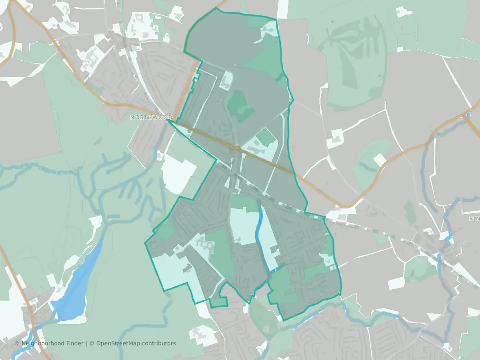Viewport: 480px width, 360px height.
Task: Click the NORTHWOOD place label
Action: (x=151, y=117)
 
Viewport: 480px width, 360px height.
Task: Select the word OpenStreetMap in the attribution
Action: (x=119, y=343)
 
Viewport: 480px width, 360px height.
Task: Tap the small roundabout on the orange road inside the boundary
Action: (x=239, y=149)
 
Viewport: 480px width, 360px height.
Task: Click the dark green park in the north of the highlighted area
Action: (x=239, y=102)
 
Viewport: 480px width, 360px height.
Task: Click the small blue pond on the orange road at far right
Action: (x=467, y=116)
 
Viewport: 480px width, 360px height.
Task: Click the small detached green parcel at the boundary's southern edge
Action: (x=218, y=301)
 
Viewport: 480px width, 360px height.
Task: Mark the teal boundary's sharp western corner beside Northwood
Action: (x=167, y=120)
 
